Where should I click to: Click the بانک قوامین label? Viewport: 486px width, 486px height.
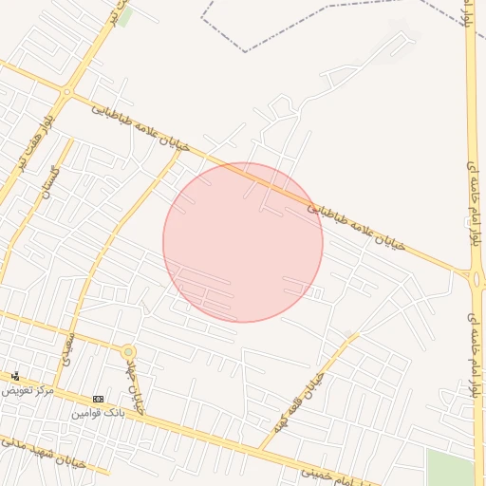(x=98, y=414)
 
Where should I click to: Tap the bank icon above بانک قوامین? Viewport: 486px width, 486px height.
(x=98, y=399)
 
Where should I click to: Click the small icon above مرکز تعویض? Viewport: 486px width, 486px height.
(x=13, y=377)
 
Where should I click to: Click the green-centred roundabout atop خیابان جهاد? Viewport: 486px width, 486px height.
(x=128, y=352)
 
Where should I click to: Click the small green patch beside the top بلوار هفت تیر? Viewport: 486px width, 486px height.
(x=125, y=17)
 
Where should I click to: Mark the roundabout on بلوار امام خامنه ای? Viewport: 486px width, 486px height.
(x=475, y=276)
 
